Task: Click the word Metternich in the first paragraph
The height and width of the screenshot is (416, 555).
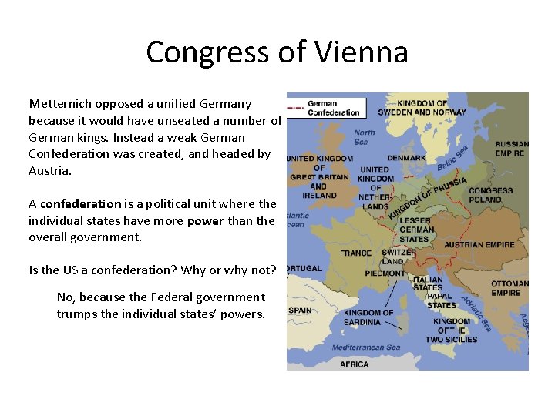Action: tap(60, 103)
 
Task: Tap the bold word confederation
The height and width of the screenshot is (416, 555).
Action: tap(81, 203)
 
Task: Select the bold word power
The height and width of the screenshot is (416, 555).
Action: tap(204, 220)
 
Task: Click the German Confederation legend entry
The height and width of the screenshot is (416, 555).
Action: tap(333, 108)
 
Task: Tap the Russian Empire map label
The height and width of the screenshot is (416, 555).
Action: tap(512, 149)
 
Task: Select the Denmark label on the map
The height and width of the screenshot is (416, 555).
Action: tap(407, 158)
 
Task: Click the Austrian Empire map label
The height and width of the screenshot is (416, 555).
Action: tap(479, 245)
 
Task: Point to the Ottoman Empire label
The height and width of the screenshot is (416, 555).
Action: tap(510, 288)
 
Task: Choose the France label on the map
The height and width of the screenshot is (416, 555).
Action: tap(356, 253)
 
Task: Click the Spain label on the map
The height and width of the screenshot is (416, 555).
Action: tap(300, 310)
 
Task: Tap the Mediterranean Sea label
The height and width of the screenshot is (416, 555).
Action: tap(366, 347)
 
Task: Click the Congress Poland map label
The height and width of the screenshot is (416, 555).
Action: tap(490, 195)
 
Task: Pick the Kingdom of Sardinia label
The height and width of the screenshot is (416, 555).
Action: tap(368, 317)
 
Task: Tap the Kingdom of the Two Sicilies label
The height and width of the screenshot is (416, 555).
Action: tap(452, 330)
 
